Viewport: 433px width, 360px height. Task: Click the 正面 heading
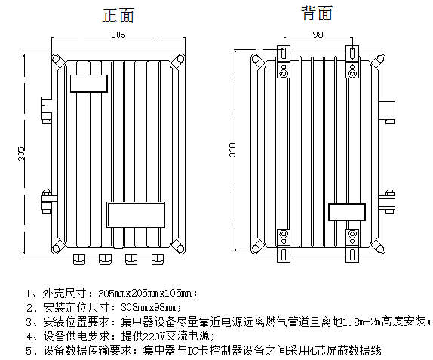pos(118,15)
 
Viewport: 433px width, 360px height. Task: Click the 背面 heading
pos(317,13)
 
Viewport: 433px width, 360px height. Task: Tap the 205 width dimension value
pos(118,35)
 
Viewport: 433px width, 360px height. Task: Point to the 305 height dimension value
pos(21,153)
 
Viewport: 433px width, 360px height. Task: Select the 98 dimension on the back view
pos(318,35)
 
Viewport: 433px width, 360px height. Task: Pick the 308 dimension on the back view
pos(232,149)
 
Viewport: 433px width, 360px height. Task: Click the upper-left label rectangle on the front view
pos(89,84)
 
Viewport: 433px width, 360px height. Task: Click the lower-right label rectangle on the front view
pos(136,214)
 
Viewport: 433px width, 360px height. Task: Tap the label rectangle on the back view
pos(347,212)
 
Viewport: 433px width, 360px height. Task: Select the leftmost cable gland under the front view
pos(79,260)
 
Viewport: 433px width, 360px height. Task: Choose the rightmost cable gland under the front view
pos(158,260)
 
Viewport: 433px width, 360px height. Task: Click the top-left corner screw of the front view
pos(57,59)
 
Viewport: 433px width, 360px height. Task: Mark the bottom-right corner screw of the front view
pos(180,248)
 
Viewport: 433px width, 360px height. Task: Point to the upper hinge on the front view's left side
pos(49,109)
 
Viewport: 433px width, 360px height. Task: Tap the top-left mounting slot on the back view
pos(284,53)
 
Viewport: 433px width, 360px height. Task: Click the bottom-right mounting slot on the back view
pos(352,254)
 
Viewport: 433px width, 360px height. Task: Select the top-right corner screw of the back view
pos(380,59)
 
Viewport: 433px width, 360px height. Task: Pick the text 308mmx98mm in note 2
pos(151,307)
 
